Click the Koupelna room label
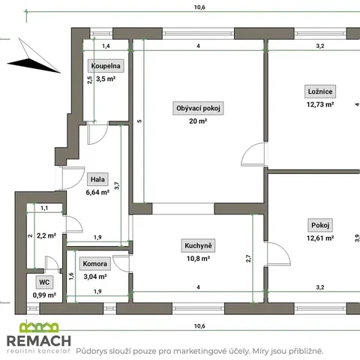coord(106,66)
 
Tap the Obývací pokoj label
coord(198,108)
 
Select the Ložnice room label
coord(320,91)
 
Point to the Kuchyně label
coord(198,245)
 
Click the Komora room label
coord(95,264)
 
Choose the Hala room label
coord(97,179)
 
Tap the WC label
coord(44,282)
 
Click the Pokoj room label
coord(320,225)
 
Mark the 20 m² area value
coord(198,121)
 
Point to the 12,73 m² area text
coord(320,104)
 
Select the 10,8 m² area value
coord(198,259)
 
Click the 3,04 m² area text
coord(95,277)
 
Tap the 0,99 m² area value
coord(44,295)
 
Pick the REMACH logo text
coord(39,340)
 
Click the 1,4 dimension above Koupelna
coord(106,46)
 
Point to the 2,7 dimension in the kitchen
coord(248,259)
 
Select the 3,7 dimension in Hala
coord(117,186)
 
